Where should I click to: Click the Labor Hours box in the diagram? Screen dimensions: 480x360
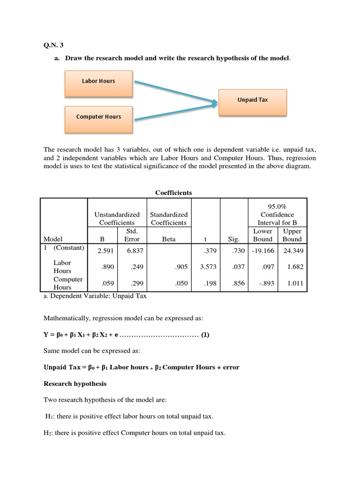(x=98, y=81)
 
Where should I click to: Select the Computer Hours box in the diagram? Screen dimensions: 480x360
(x=98, y=117)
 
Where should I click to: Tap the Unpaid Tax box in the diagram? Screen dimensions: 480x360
(x=253, y=100)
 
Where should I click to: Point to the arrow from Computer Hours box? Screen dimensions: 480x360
(x=176, y=109)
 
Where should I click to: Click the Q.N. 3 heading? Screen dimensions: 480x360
(x=53, y=45)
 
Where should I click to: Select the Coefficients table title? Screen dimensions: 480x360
(x=173, y=193)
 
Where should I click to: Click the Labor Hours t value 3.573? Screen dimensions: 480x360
(x=207, y=267)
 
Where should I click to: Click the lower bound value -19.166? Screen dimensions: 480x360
(x=262, y=251)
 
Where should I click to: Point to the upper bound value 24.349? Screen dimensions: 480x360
(x=292, y=251)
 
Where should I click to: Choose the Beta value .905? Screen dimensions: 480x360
(x=180, y=267)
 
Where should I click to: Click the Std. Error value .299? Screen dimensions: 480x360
(x=132, y=283)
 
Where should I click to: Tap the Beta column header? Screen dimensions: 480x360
(x=169, y=239)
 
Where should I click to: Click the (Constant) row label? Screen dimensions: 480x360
(x=68, y=247)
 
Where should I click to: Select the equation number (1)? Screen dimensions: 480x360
(x=205, y=335)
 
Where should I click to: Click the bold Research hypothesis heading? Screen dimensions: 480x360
(x=75, y=383)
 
